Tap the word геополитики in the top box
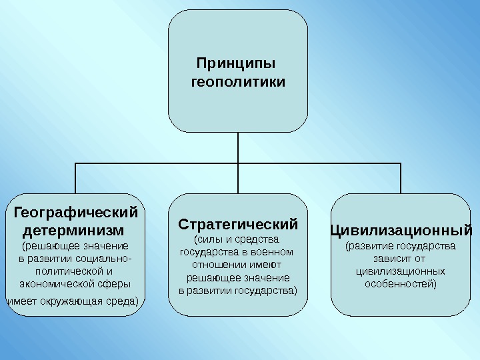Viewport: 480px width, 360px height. point(238,83)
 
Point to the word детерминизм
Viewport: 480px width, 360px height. point(73,231)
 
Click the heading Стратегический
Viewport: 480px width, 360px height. point(238,222)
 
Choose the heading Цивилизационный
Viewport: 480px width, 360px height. point(401,231)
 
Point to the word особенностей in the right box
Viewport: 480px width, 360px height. point(400,284)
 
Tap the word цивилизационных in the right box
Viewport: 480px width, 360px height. point(401,271)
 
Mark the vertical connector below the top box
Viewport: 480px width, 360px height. point(238,147)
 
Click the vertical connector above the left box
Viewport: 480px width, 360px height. point(75,178)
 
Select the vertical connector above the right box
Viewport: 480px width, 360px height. point(401,178)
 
